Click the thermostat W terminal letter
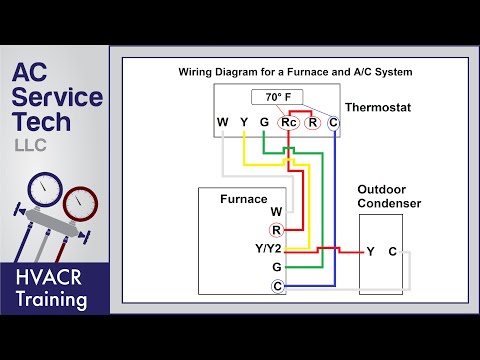tap(222, 123)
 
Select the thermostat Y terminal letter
tap(244, 123)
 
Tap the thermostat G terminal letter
tap(263, 123)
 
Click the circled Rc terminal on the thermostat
tap(288, 123)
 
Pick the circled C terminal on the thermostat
tap(333, 123)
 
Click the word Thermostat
tap(379, 106)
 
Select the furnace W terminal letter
tap(276, 212)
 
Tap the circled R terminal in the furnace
tap(276, 230)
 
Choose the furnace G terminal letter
tap(276, 267)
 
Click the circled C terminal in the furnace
tap(276, 286)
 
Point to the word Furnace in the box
tap(244, 199)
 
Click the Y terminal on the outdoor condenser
tap(370, 251)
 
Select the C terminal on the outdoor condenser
tap(392, 251)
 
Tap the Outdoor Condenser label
tap(389, 196)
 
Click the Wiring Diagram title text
tap(295, 72)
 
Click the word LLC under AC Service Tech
tap(30, 145)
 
